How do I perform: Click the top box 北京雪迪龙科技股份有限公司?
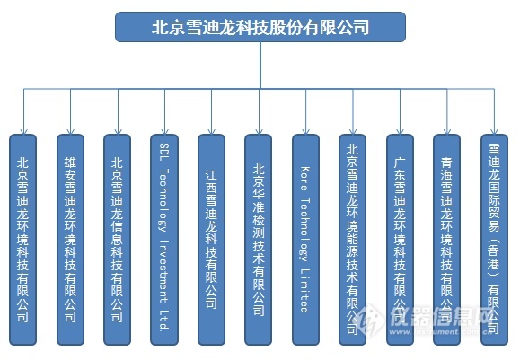click(260, 27)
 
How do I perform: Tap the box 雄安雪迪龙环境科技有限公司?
click(71, 240)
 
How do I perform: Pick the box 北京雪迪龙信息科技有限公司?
click(118, 240)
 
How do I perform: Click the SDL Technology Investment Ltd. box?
click(164, 240)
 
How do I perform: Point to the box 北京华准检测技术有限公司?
click(259, 240)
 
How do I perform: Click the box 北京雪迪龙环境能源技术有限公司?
click(353, 240)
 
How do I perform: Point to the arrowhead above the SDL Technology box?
click(164, 129)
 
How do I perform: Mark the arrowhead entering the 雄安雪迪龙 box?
click(71, 129)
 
